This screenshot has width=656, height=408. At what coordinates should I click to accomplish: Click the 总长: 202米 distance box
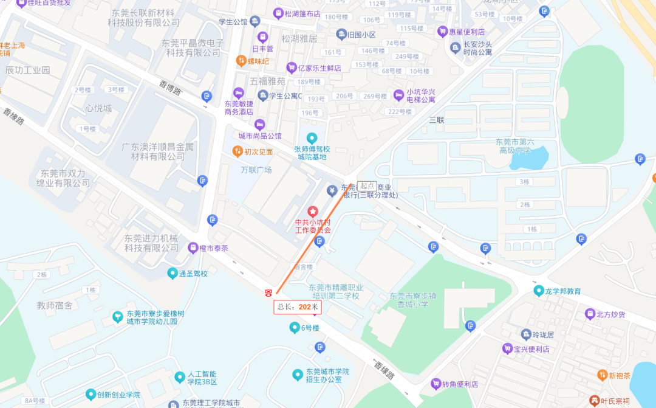pos(298,307)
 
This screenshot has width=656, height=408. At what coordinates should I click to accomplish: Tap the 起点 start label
pos(366,185)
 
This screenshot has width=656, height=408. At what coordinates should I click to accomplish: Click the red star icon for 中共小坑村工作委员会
pos(313,211)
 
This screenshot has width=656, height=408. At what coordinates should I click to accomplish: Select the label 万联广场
pos(256,170)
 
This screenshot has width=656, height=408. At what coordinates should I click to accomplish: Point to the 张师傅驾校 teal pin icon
pos(312,138)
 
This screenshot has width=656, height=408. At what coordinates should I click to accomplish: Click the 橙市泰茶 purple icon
pos(193,247)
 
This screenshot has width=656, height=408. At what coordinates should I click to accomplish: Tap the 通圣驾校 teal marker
pos(172,274)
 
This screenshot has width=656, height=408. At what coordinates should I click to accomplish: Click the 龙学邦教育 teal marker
pos(538,291)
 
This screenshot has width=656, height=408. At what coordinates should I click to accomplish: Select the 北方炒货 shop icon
pos(589,314)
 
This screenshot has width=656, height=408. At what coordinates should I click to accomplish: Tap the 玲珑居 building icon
pos(526,334)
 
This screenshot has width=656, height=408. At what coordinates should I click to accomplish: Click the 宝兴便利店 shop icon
pos(507,349)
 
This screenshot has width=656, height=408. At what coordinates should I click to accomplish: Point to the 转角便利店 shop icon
pos(435,384)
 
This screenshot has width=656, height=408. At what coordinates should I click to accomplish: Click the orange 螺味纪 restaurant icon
pos(241,61)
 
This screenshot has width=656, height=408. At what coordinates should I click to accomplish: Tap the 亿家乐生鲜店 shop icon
pos(292,67)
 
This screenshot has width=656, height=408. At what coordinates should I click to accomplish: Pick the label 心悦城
pos(98,109)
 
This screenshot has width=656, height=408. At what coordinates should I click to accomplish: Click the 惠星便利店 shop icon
pos(442,31)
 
